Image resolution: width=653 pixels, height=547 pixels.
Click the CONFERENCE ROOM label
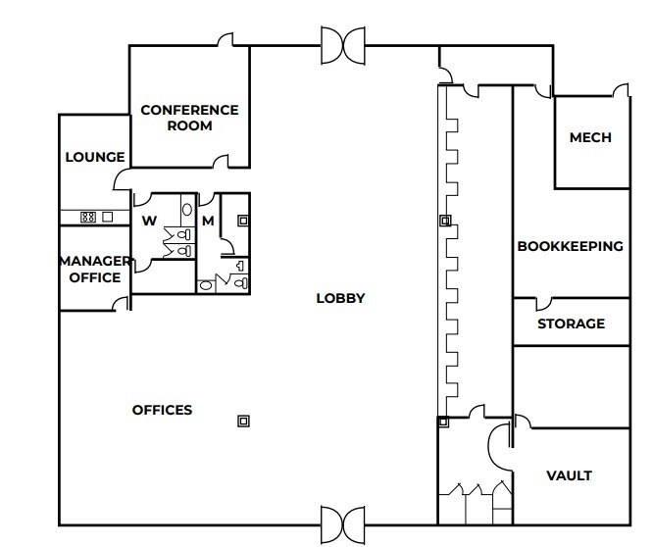coord(189,118)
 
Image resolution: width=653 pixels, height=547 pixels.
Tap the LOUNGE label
coord(95,157)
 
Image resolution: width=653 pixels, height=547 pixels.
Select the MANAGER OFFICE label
coord(95,269)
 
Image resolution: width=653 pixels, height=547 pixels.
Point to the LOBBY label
coord(340,298)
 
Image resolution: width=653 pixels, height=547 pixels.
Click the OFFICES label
coord(162,410)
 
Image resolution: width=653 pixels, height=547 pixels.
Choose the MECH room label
coord(590,138)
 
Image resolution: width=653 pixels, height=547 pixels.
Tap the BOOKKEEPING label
coord(570,246)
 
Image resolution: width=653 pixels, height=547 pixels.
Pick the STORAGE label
coord(571,323)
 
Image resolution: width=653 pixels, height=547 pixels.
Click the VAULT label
coord(569,476)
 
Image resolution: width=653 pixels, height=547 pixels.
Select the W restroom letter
coord(150,221)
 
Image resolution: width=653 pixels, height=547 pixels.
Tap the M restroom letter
coord(208,221)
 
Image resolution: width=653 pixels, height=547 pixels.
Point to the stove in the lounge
coord(86,218)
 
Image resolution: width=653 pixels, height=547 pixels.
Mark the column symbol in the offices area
coord(243,421)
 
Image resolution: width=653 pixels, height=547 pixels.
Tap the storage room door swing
coord(542,303)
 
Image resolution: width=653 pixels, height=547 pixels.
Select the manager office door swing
coord(121,304)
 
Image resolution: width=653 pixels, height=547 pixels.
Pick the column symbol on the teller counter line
coord(444,222)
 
